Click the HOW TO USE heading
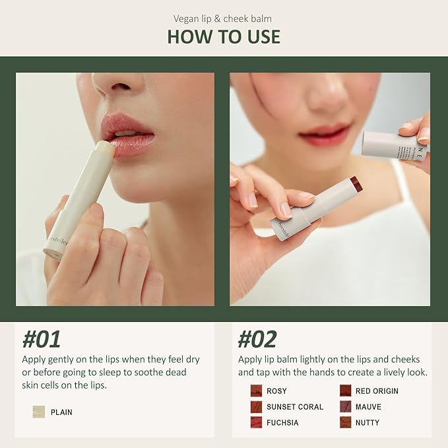click(x=224, y=36)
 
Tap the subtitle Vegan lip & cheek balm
click(x=224, y=18)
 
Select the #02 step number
click(x=257, y=339)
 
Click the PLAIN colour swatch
click(x=39, y=412)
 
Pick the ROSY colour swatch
click(x=256, y=391)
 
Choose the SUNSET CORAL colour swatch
click(x=256, y=407)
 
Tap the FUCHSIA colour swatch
click(x=256, y=423)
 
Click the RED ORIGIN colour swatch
click(x=345, y=391)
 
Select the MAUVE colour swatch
click(x=345, y=407)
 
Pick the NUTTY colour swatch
click(x=345, y=423)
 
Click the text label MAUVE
click(x=368, y=407)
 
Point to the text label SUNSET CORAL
click(x=295, y=407)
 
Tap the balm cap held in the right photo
click(x=394, y=145)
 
